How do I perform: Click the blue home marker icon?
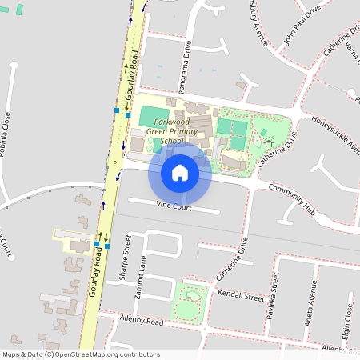tap(180, 173)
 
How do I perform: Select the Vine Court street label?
tap(173, 206)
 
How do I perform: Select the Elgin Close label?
tap(348, 319)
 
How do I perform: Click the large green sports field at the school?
tap(154, 115)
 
